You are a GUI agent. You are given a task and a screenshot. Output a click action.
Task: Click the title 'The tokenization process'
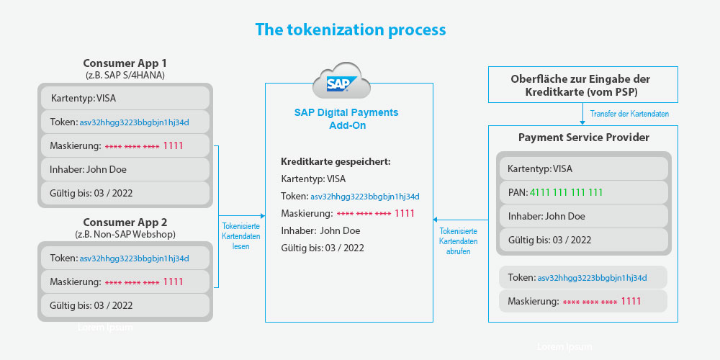351,30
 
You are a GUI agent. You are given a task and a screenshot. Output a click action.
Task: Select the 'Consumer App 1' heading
125,63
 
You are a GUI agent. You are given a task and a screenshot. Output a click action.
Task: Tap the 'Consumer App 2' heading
125,222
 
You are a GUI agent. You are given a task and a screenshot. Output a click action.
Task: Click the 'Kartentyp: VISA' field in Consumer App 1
125,98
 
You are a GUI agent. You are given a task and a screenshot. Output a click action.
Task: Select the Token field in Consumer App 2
125,258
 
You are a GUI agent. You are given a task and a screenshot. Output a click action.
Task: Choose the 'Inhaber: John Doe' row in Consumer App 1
125,169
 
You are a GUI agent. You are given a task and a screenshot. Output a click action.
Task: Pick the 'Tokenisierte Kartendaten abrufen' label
458,241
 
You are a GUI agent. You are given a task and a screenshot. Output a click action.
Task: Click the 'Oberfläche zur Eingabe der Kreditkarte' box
584,86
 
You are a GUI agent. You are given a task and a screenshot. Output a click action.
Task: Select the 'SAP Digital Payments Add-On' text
346,119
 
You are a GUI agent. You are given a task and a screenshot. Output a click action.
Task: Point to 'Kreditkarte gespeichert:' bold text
336,161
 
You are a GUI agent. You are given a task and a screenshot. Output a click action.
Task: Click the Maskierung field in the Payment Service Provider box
583,301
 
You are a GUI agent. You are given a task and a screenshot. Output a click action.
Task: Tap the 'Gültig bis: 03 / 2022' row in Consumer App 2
125,305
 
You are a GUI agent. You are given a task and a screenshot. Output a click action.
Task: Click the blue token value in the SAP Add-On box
365,197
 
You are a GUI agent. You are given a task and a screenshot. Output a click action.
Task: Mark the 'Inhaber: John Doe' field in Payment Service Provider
584,216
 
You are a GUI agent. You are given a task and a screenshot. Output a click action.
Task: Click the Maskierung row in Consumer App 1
125,146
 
